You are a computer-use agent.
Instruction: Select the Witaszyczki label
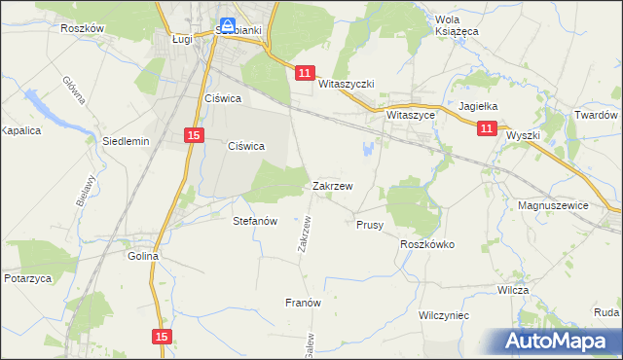[x=347, y=85]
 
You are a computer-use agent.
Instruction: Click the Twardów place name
[x=597, y=115]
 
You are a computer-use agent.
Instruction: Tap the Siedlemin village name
[x=126, y=141]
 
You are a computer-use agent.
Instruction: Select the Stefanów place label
[x=256, y=221]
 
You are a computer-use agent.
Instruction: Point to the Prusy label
[x=370, y=225]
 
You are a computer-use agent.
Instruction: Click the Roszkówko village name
[x=427, y=245]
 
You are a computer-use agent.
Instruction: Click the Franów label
[x=303, y=303]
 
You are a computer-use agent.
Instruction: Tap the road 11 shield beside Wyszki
[x=488, y=127]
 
